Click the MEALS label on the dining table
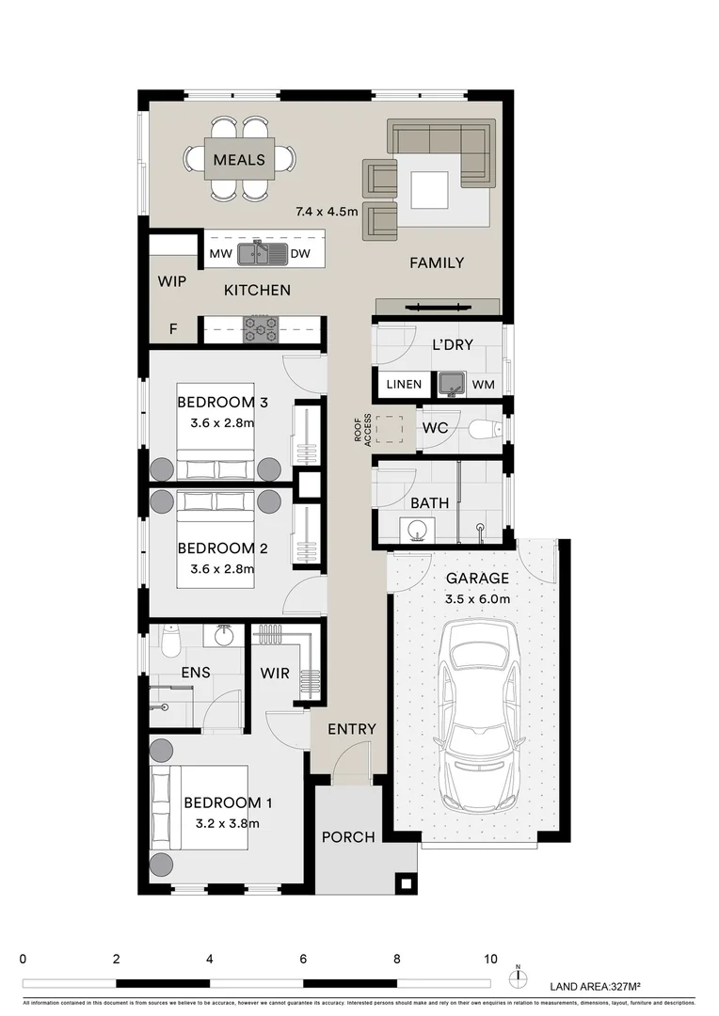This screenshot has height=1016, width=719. click(x=239, y=159)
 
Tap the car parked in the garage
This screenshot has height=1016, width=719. click(x=480, y=715)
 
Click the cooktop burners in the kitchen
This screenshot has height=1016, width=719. click(x=261, y=328)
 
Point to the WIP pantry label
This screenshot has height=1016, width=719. click(x=171, y=281)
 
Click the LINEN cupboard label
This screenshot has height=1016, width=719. click(x=404, y=384)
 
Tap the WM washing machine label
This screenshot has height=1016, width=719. click(x=483, y=384)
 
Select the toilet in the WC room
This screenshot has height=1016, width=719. click(x=484, y=430)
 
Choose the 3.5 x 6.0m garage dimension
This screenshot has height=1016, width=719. click(x=477, y=599)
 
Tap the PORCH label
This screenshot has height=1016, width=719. click(x=348, y=836)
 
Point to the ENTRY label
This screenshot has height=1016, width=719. click(x=351, y=729)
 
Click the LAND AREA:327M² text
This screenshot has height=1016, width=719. click(x=595, y=986)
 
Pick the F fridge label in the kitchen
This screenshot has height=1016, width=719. click(x=172, y=329)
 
